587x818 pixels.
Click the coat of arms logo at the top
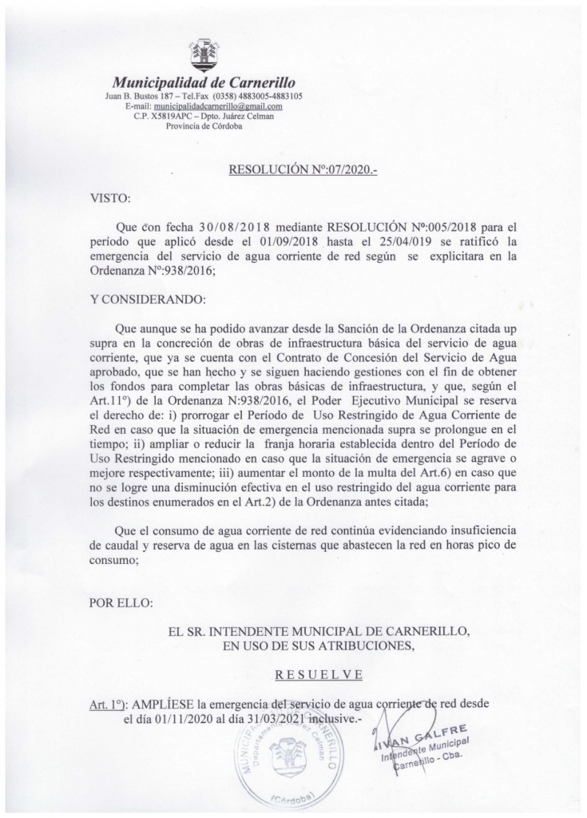click(203, 54)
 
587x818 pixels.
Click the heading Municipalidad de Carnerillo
click(204, 81)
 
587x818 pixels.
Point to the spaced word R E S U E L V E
click(319, 675)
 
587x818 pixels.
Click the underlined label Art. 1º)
click(109, 704)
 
